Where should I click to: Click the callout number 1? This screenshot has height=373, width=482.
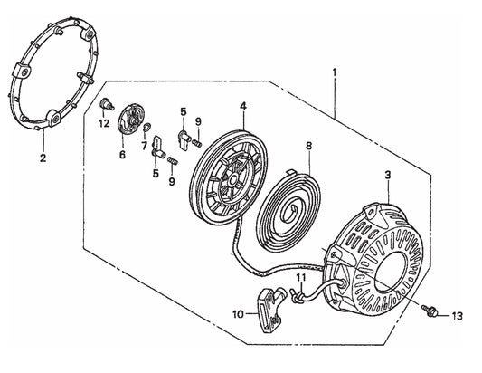[x=335, y=72]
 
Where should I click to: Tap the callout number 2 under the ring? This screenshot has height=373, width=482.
[x=43, y=158]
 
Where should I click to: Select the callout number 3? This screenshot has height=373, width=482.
[x=388, y=175]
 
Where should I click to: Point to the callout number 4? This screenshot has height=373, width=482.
[x=243, y=106]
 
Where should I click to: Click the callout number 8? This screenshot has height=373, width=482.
[x=309, y=146]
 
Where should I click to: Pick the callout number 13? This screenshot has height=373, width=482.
[x=458, y=316]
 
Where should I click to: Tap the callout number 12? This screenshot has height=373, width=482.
[x=104, y=124]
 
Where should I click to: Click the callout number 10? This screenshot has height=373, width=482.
[x=238, y=314]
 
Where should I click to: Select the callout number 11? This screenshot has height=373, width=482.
[x=301, y=278]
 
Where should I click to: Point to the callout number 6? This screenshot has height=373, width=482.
[x=122, y=155]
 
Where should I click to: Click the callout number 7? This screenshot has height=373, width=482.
[x=145, y=146]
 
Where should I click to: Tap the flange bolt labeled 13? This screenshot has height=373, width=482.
[x=430, y=311]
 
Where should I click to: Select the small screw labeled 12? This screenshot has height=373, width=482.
[x=107, y=104]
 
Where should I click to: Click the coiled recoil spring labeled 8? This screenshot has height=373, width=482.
[x=288, y=213]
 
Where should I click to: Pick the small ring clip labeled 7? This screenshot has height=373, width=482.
[x=146, y=127]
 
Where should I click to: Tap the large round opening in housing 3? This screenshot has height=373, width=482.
[x=391, y=273]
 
